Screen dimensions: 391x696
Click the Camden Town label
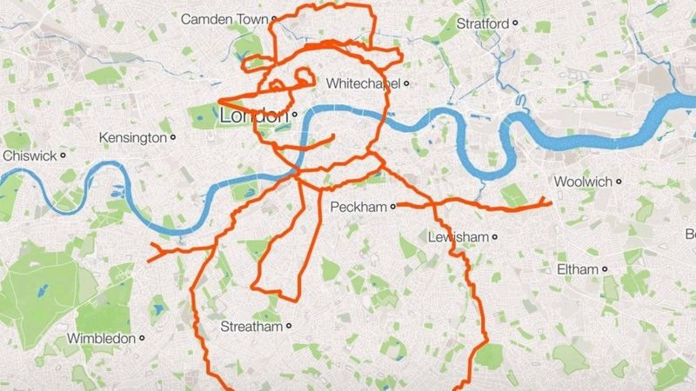[222, 18]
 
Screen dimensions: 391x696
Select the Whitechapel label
[364, 83]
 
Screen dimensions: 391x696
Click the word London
[254, 116]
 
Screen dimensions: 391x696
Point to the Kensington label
[132, 137]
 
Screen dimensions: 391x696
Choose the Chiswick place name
[31, 155]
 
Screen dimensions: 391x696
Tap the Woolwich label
[581, 182]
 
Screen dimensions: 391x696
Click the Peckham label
[358, 207]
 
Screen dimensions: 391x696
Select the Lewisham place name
[458, 236]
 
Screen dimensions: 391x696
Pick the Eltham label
[576, 269]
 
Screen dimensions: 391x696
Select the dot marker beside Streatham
[287, 328]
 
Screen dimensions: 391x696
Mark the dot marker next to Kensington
[173, 137]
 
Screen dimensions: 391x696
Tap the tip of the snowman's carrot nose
[217, 98]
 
